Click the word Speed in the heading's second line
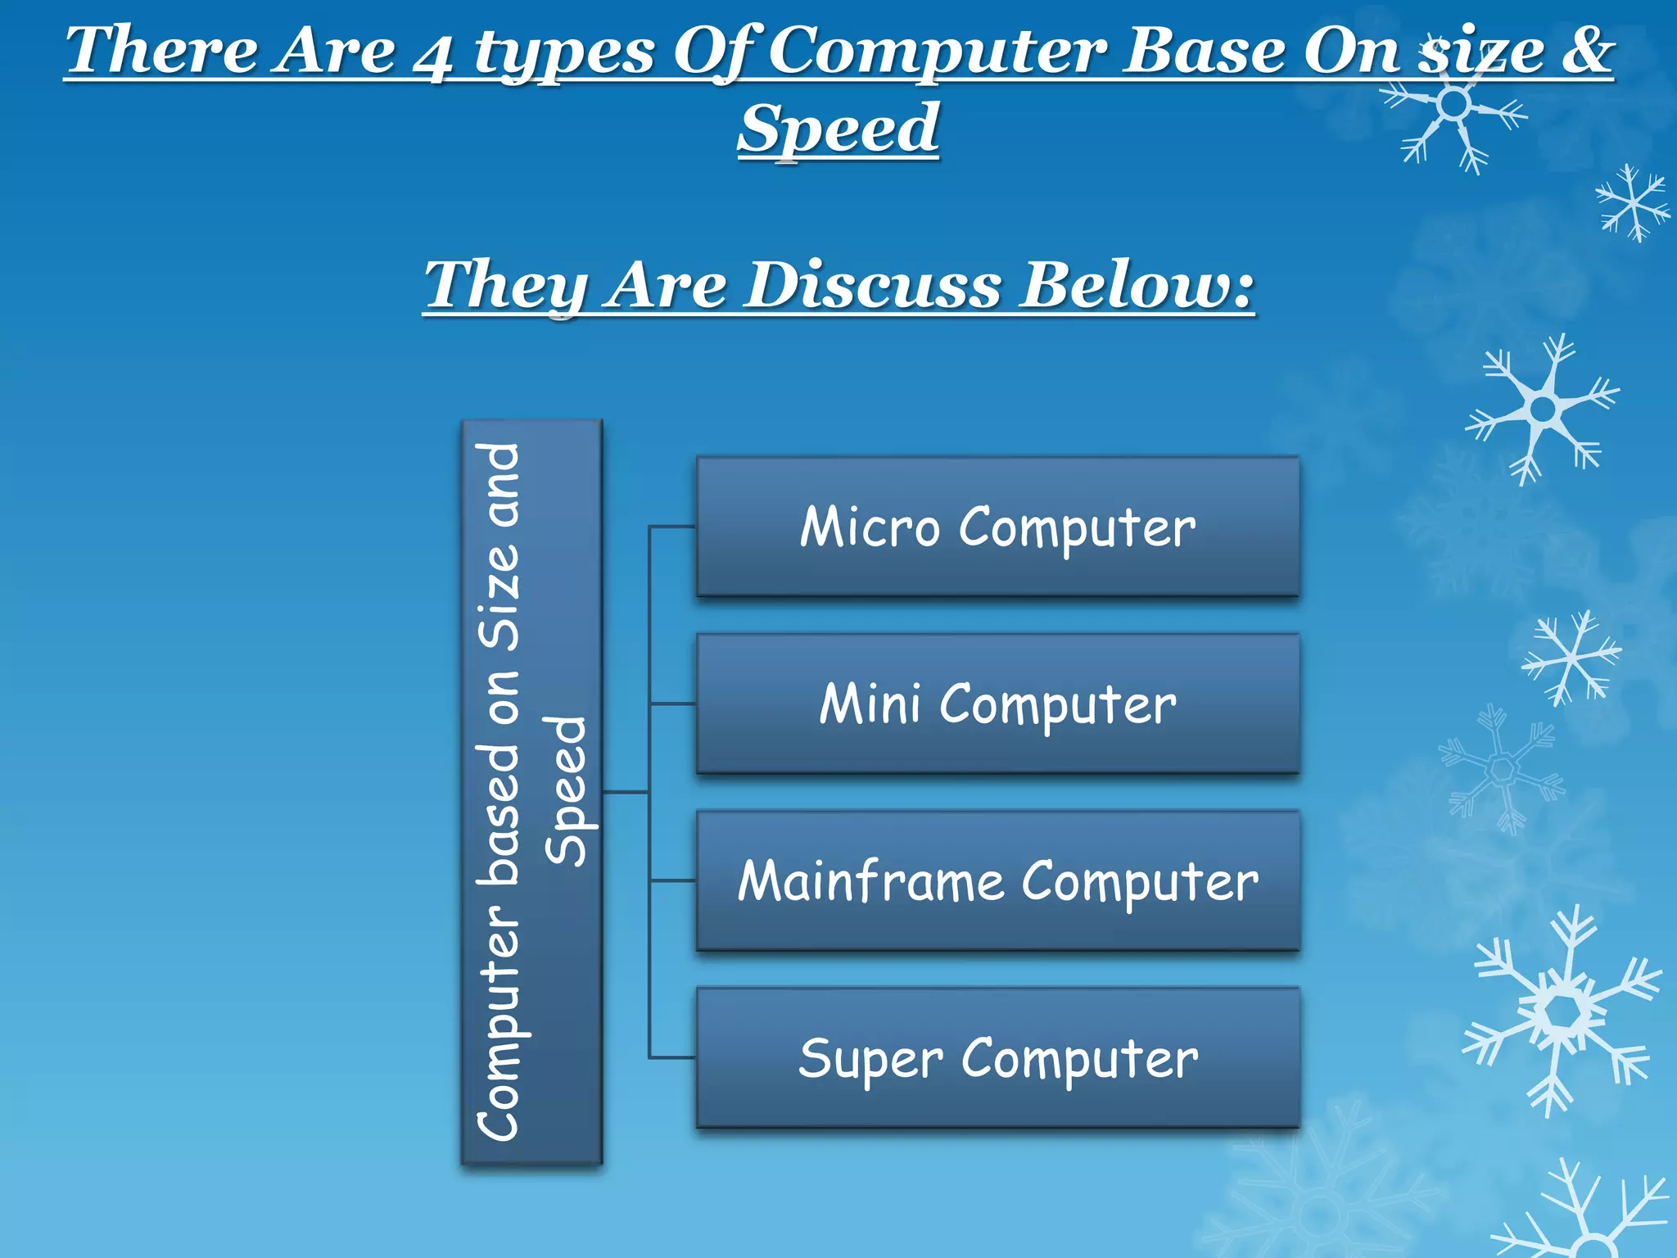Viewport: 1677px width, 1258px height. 838,129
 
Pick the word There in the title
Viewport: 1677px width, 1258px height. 161,51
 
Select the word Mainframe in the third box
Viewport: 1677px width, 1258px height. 870,881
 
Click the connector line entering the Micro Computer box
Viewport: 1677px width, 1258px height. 672,527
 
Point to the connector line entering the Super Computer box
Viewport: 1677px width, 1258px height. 672,1058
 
